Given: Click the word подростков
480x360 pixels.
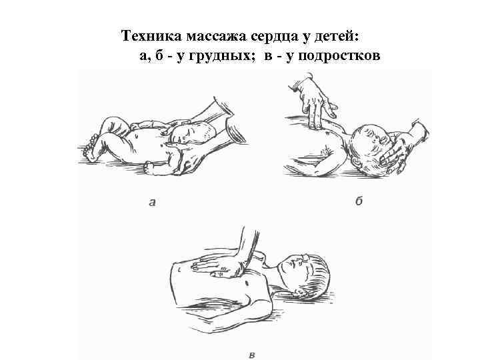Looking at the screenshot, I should click(339, 55).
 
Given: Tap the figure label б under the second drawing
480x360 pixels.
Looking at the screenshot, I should click(359, 201).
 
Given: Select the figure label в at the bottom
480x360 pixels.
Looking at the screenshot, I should click(252, 355).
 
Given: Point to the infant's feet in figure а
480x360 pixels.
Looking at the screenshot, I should click(90, 148).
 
